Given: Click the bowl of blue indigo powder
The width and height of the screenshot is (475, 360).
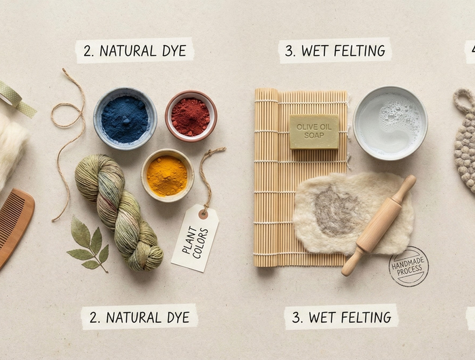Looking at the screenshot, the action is tap(125, 119).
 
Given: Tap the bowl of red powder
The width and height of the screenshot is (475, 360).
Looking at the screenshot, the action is tap(191, 116).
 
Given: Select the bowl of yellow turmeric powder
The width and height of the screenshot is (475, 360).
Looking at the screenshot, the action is tap(167, 175).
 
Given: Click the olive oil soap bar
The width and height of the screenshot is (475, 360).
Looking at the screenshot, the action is tap(314, 132).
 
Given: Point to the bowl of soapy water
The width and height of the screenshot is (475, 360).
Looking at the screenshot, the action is tap(390, 123).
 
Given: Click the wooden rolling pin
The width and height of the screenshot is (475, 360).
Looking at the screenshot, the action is tap(379, 226).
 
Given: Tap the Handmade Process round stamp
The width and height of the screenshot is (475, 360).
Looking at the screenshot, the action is tap(408, 266).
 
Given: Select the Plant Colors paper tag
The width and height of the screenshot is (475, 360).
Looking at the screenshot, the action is tap(195, 238).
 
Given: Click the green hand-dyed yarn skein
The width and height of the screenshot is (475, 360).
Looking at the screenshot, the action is tap(119, 212).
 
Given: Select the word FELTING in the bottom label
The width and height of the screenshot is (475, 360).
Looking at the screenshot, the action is tap(366, 317).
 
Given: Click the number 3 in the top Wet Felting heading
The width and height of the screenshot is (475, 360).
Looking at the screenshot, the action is tap(289, 51).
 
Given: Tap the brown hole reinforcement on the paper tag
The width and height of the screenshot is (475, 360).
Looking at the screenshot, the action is tap(204, 214).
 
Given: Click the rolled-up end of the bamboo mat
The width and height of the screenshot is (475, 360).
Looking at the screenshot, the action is tap(266, 177).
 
